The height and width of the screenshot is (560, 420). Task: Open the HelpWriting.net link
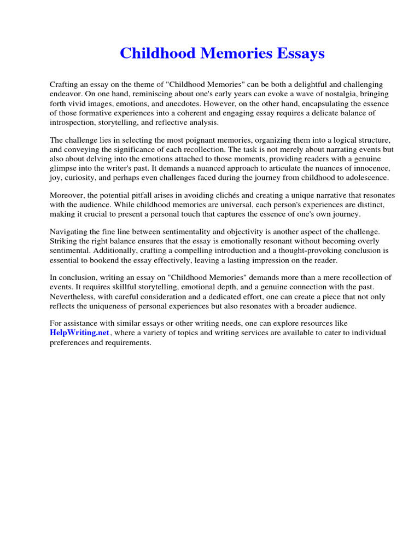[80, 332]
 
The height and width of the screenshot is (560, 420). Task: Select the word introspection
[73, 122]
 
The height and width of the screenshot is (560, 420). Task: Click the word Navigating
[70, 232]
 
